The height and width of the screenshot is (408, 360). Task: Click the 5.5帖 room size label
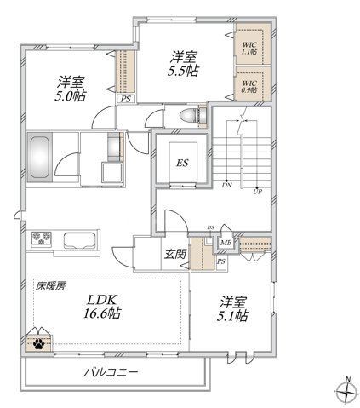[x=184, y=72]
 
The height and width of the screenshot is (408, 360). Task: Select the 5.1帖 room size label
[x=232, y=316]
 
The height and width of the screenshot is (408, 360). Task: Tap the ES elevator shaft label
[x=182, y=162]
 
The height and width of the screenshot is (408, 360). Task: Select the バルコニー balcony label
[x=111, y=372]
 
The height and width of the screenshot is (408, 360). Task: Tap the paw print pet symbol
[x=39, y=344]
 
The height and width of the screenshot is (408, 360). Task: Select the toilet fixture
[x=191, y=115]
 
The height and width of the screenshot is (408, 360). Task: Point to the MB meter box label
[x=226, y=244]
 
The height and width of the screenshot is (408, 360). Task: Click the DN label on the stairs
[x=226, y=184]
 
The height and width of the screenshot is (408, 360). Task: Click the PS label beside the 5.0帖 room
[x=125, y=98]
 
